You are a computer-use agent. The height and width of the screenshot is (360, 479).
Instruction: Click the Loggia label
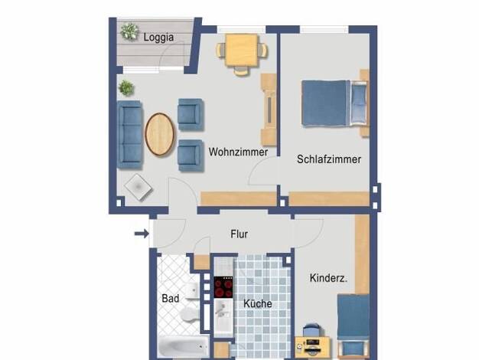tap(158, 38)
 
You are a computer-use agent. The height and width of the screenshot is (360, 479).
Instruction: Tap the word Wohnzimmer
tap(238, 152)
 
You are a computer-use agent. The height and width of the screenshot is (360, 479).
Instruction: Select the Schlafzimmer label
tap(329, 159)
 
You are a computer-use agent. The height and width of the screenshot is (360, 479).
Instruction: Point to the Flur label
tap(239, 234)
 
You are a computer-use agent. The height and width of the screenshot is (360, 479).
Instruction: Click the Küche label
tap(258, 303)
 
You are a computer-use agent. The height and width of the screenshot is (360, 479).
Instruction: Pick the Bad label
tap(171, 299)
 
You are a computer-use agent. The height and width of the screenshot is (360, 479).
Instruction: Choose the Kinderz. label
tap(328, 278)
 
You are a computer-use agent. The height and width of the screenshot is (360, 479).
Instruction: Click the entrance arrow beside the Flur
tap(142, 234)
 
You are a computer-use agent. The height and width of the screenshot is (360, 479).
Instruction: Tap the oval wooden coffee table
tap(159, 134)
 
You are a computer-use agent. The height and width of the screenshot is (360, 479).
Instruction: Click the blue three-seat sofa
tap(130, 134)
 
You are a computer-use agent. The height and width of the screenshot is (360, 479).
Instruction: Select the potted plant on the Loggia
tap(129, 31)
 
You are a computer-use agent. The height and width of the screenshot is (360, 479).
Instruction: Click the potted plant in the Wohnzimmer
tap(126, 88)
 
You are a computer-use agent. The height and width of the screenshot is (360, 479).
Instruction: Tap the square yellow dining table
tap(242, 50)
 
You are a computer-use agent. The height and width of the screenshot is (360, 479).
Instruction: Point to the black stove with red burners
tap(223, 287)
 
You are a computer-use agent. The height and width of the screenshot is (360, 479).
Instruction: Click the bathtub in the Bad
tap(184, 346)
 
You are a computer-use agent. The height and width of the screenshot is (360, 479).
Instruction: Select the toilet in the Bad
tap(189, 314)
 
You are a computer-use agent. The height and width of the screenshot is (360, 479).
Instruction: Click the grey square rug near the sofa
tap(138, 187)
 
